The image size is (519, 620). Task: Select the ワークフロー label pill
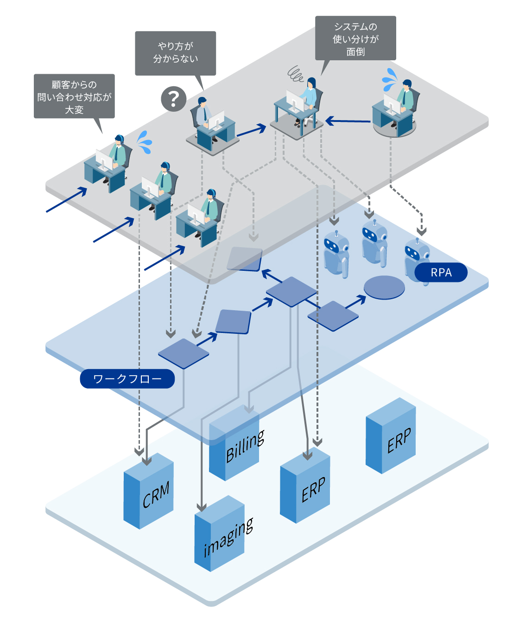(x=127, y=378)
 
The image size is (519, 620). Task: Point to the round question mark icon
(x=174, y=99)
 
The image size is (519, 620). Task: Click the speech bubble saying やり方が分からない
(x=175, y=53)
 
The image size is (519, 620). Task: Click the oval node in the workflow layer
(x=384, y=287)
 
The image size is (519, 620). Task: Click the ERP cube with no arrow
(x=391, y=435)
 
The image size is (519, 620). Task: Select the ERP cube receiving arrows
(x=305, y=486)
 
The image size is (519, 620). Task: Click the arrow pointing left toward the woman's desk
(x=348, y=121)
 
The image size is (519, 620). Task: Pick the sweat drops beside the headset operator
(x=145, y=142)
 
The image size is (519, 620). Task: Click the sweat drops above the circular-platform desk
(x=390, y=80)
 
